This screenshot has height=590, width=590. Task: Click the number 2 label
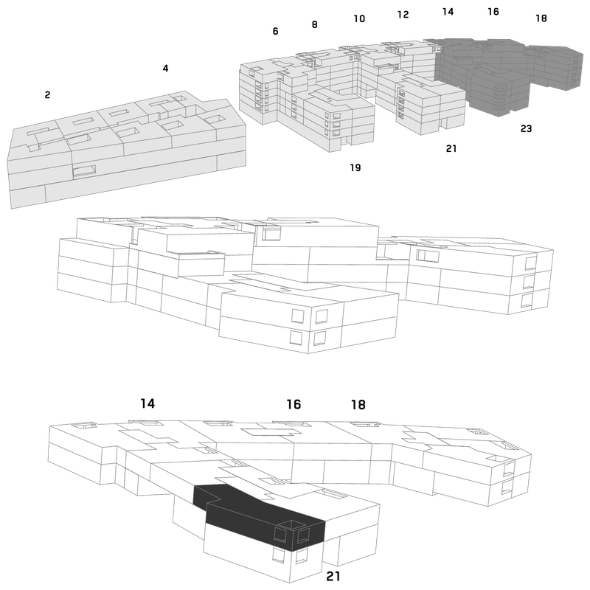(x=47, y=95)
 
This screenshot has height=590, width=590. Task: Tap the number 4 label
(x=165, y=68)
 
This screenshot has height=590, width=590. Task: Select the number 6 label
(x=275, y=31)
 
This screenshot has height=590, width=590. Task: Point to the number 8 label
(x=315, y=24)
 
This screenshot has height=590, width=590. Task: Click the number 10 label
(x=359, y=19)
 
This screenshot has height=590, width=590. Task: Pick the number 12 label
(x=403, y=15)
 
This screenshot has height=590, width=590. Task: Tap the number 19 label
(x=355, y=168)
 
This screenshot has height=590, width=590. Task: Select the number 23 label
(x=526, y=128)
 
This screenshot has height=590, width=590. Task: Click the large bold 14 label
(x=147, y=403)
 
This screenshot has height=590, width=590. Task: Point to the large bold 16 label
(x=294, y=404)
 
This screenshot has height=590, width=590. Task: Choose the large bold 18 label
(x=358, y=405)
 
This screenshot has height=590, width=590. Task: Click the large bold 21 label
(x=333, y=576)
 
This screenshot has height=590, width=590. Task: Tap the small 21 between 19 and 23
(x=451, y=149)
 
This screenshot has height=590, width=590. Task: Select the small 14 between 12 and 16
(x=448, y=12)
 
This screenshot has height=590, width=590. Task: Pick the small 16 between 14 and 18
(x=493, y=12)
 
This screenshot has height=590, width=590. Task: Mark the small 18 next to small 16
(x=541, y=18)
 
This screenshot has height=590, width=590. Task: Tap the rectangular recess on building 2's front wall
(x=84, y=171)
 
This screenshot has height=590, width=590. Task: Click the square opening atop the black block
(x=291, y=524)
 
